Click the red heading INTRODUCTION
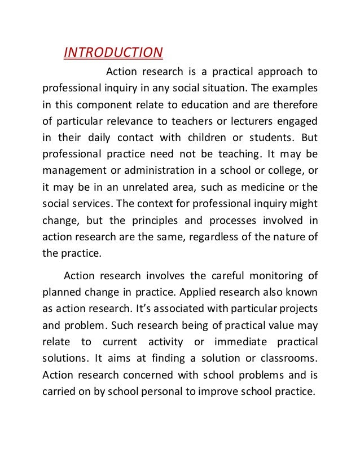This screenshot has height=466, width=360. (x=113, y=52)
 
